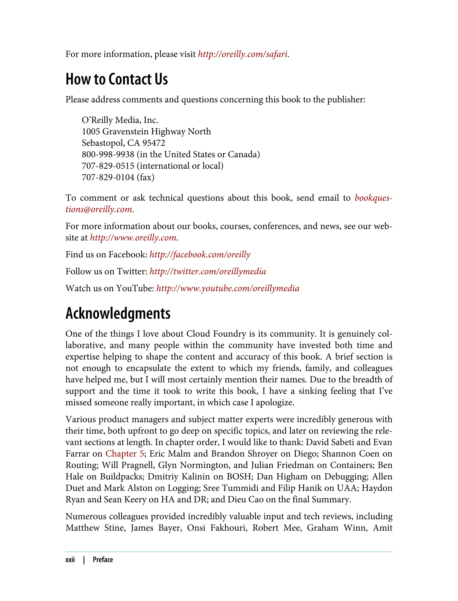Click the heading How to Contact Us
coord(117,79)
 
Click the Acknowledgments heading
coord(118,313)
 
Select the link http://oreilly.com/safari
coord(242,54)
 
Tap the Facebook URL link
coord(200,255)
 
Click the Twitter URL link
coord(208,271)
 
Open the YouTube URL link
coord(228,288)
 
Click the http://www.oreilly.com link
coord(133,238)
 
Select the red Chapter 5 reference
coord(125,453)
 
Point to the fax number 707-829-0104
coord(108,178)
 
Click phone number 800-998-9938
coord(108,154)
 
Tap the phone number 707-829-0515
coord(108,166)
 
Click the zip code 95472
coord(153,143)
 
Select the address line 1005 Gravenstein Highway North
coord(146,132)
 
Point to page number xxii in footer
coord(70,560)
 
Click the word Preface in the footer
coord(103,560)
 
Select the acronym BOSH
coord(239,476)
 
